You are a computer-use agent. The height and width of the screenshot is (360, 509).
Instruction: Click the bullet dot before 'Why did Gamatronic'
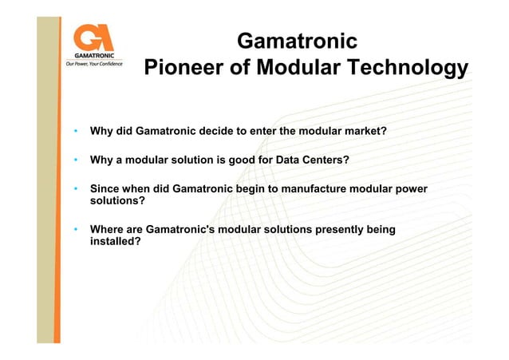(x=74, y=130)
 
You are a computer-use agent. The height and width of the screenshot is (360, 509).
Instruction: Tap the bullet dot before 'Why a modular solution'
(x=74, y=160)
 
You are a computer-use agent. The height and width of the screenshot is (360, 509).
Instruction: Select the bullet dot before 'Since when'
(x=74, y=189)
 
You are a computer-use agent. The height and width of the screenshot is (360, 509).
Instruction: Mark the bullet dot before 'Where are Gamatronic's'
(x=74, y=230)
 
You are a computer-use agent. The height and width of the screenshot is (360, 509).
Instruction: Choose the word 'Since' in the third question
(x=105, y=189)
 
